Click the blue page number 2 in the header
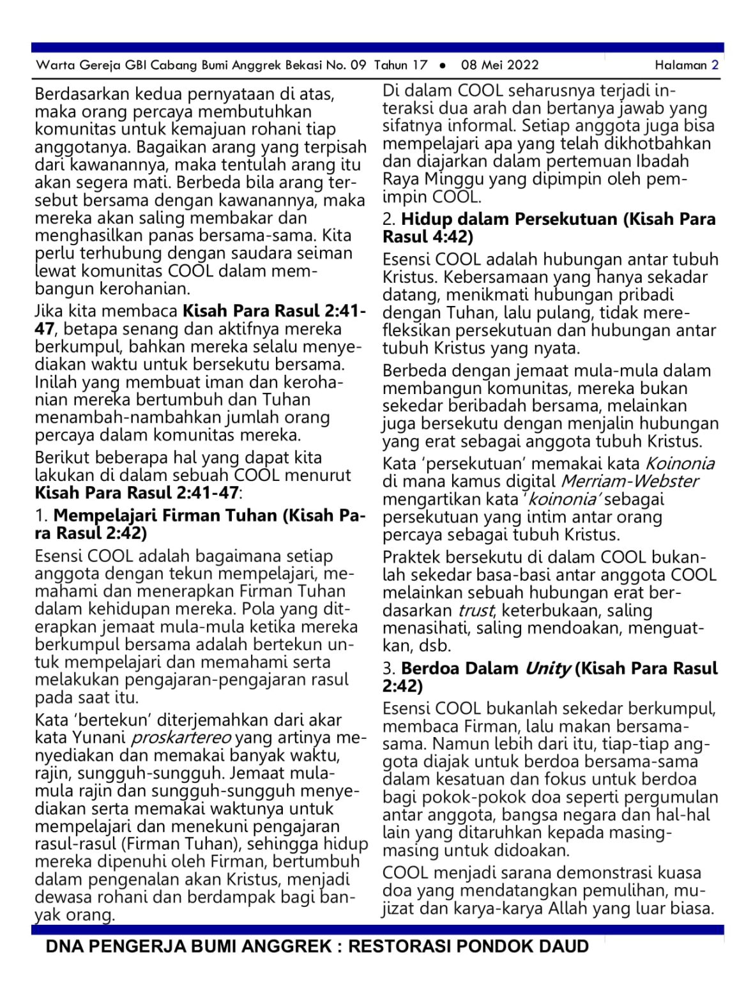715,65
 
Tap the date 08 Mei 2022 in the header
499,65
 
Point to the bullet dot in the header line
442,65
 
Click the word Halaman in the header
681,65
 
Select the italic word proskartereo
181,738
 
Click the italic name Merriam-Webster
629,481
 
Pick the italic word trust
476,611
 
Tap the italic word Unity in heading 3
547,669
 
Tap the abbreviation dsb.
436,646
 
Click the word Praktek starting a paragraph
412,558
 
